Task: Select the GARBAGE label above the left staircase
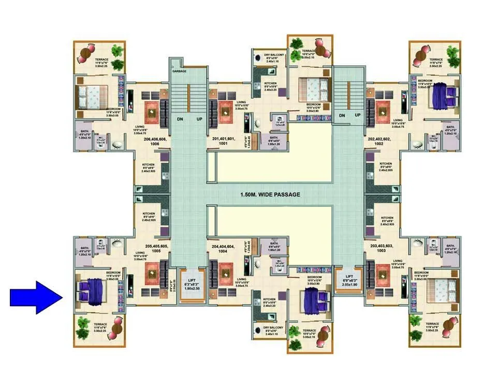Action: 179,71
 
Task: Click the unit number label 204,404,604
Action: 224,249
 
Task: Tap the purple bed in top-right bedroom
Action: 443,96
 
